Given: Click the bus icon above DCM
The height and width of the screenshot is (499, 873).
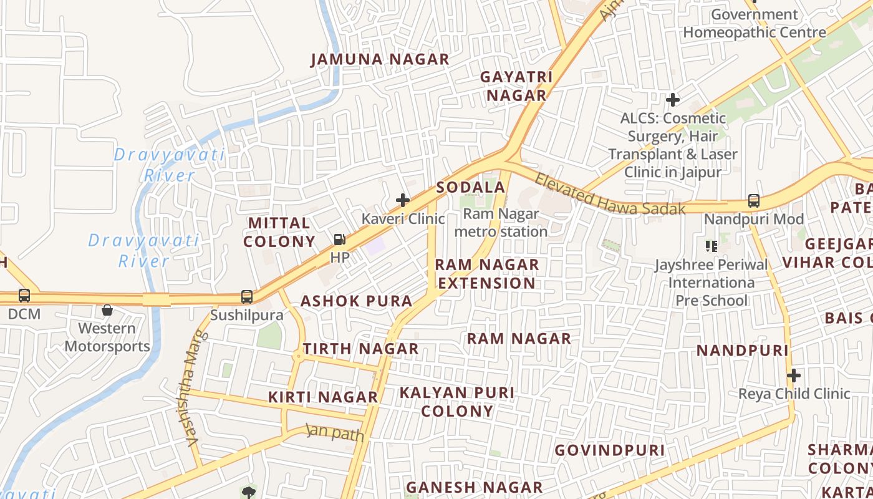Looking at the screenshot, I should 24,296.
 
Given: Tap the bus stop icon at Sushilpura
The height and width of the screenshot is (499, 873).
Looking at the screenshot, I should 247,297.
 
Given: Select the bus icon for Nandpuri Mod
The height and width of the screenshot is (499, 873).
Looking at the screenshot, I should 753,201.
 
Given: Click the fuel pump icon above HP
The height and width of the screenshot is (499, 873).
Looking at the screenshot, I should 340,240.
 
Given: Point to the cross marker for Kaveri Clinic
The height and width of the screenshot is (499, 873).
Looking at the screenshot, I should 403,200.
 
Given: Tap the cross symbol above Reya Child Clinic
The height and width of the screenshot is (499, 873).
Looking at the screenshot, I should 793,376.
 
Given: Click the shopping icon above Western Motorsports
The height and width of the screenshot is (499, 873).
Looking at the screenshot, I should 107,310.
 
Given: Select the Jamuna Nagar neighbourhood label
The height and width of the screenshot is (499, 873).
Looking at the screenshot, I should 380,60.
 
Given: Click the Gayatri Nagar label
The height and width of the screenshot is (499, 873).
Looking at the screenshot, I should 516,86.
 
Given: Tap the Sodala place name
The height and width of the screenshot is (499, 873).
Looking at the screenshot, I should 470,188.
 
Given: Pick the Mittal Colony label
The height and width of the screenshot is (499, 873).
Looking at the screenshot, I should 279,232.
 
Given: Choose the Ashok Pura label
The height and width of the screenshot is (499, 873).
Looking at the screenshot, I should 356,301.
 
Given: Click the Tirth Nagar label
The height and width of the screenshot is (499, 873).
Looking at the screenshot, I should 360,349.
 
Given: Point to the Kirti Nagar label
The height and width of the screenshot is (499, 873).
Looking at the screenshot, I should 323,397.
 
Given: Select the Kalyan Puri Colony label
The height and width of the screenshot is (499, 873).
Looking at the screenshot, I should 457,402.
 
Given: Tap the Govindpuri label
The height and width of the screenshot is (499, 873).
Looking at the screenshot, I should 609,450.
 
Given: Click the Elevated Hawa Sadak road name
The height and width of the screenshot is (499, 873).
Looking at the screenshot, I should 609,195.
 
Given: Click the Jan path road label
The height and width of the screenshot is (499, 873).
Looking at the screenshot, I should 335,432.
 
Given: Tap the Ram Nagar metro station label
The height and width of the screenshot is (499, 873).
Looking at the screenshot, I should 501,223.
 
